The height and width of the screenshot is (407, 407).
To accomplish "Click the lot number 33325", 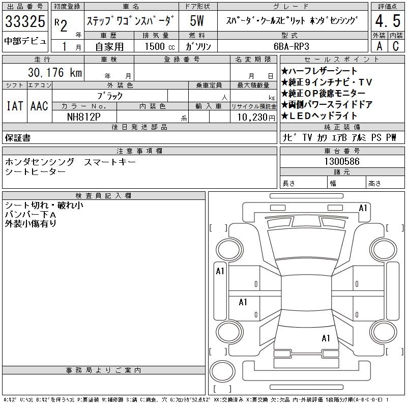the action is (x=25, y=21).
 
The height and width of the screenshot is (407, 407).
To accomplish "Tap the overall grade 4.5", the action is (x=388, y=21).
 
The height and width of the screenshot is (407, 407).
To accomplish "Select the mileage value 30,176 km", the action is (x=55, y=72).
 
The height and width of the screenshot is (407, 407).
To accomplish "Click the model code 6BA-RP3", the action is (x=292, y=46).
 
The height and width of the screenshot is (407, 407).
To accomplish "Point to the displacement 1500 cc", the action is (x=160, y=46).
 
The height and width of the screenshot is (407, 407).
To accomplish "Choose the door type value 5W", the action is (x=197, y=21).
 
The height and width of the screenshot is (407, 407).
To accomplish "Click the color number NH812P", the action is (x=83, y=117).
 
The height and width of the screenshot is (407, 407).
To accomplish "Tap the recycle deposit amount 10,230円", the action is (x=256, y=118).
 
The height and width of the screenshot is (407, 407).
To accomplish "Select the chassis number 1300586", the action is (x=342, y=161).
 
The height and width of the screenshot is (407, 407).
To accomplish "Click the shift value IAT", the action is (x=15, y=106).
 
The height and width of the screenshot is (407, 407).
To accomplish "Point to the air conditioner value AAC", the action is (x=39, y=106).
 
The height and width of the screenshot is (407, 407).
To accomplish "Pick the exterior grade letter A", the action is (x=379, y=46).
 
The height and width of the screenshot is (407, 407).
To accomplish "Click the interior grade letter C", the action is (x=396, y=46).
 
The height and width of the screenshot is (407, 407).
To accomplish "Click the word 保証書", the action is (x=18, y=138).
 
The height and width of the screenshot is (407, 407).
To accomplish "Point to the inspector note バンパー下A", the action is (x=31, y=215).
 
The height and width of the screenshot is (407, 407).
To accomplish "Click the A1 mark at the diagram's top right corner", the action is (x=363, y=208).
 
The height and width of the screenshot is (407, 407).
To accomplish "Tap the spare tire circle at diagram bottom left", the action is (x=222, y=371).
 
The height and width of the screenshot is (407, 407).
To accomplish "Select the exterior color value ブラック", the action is (x=110, y=96).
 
